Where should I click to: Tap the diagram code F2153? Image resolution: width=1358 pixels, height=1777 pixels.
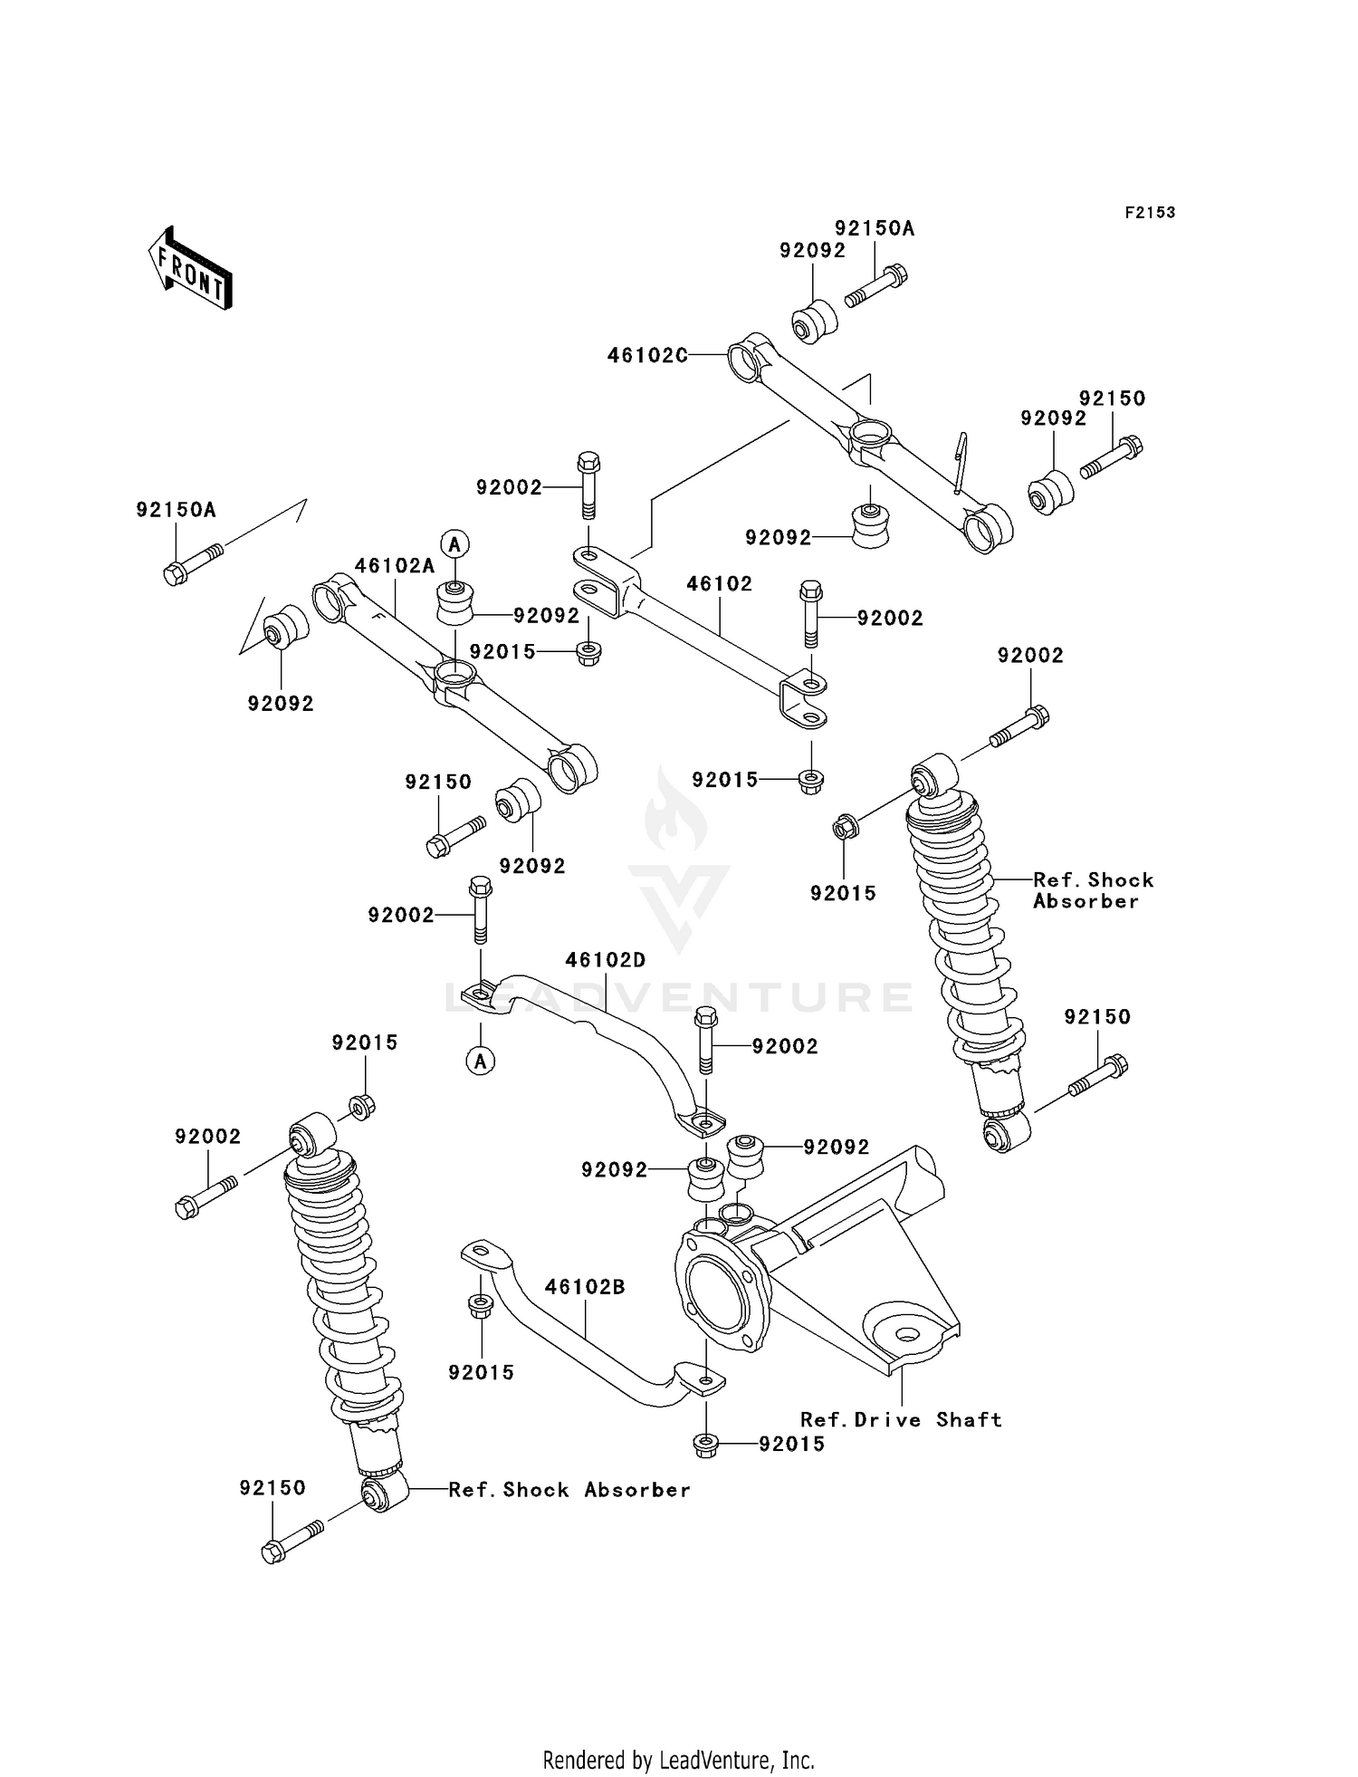1150,213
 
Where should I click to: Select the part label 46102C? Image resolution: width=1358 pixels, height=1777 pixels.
647,356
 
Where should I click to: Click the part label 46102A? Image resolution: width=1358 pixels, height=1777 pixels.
395,566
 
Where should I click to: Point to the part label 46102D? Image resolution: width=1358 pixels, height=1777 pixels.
606,960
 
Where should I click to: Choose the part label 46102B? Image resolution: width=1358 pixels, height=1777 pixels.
585,1287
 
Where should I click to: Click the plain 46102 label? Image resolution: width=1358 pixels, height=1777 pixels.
719,584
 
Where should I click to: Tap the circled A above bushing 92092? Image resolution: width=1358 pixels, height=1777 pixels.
454,543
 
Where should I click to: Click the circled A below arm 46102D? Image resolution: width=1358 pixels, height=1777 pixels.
481,1061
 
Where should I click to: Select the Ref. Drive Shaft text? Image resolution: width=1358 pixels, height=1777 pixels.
901,1420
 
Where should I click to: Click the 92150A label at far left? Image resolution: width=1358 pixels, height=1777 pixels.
177,510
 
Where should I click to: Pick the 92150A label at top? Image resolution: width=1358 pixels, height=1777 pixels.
875,228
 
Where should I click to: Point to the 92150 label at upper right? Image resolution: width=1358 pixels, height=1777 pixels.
1112,399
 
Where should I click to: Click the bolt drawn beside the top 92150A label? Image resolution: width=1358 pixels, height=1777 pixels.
875,284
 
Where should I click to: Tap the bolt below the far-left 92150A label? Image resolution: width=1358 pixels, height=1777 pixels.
192,562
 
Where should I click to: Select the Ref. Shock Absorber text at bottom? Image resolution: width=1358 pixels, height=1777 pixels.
569,1490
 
